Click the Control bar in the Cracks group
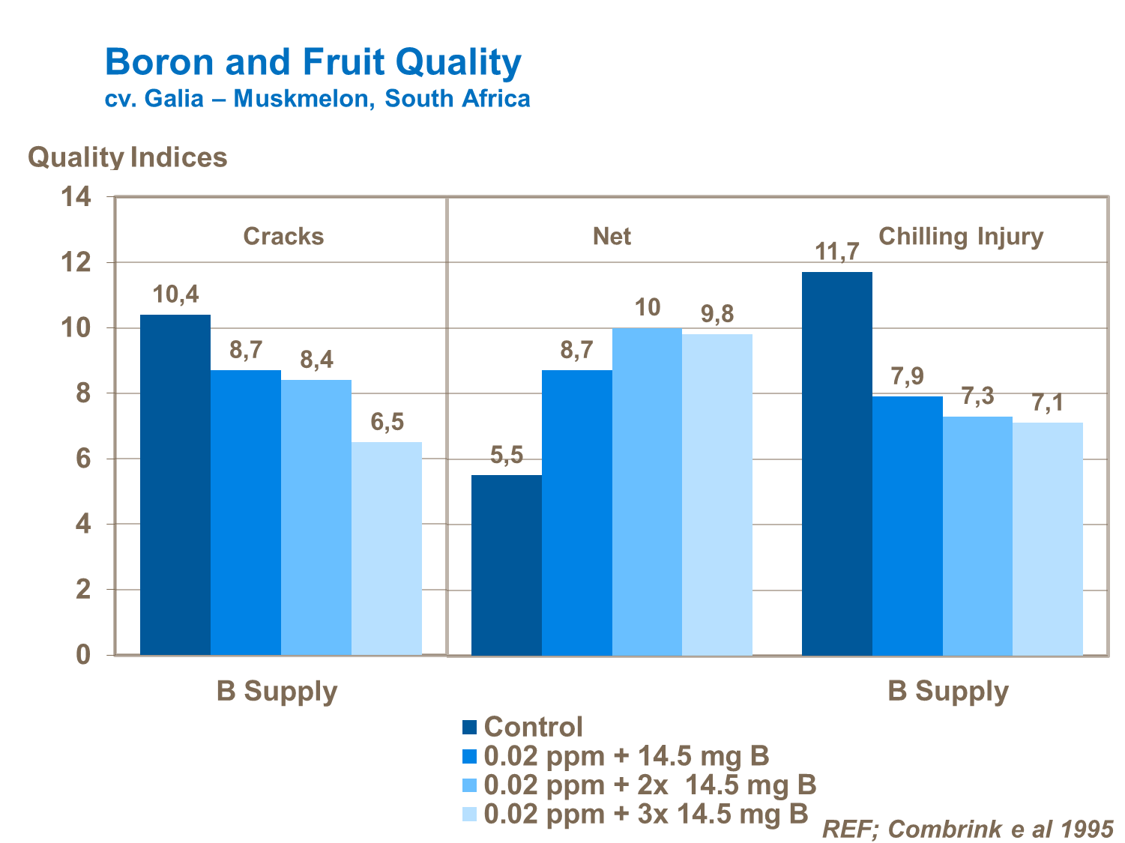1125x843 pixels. tap(175, 485)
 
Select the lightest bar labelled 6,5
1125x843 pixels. tap(387, 549)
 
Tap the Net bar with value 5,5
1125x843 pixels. tap(506, 565)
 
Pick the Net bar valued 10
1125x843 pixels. tap(647, 492)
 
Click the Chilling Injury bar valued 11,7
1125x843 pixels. tap(836, 464)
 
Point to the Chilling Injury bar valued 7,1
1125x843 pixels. tap(1047, 539)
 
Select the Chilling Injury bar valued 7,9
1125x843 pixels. tap(907, 526)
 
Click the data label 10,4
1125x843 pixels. tap(176, 295)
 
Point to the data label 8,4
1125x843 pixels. tap(316, 360)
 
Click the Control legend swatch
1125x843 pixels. tap(470, 728)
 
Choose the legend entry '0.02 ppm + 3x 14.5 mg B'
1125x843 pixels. tap(646, 813)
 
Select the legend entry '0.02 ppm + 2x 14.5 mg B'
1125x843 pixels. tap(650, 785)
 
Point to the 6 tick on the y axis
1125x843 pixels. tap(82, 459)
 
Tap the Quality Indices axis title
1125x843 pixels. tap(127, 157)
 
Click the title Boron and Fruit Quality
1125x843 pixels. tap(313, 61)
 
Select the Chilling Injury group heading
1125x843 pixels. tap(960, 237)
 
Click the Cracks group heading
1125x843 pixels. tap(283, 237)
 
